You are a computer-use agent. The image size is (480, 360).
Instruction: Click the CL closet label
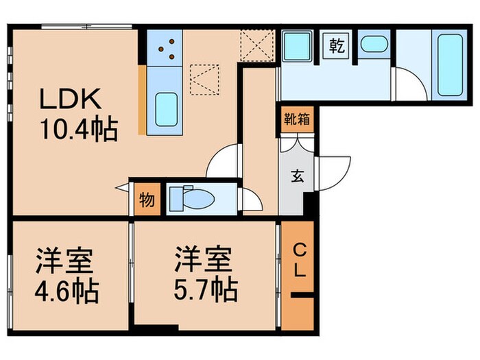coord(300,259)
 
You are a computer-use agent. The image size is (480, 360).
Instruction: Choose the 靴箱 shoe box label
coord(296,118)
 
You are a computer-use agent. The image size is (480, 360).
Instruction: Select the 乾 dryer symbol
coord(337,47)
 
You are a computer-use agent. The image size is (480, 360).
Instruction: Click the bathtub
coord(448,64)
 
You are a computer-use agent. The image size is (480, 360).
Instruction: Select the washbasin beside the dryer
coord(374,46)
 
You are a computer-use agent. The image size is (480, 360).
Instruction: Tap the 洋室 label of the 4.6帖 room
coord(67,263)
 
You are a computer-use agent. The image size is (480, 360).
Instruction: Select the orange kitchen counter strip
coord(141,99)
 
